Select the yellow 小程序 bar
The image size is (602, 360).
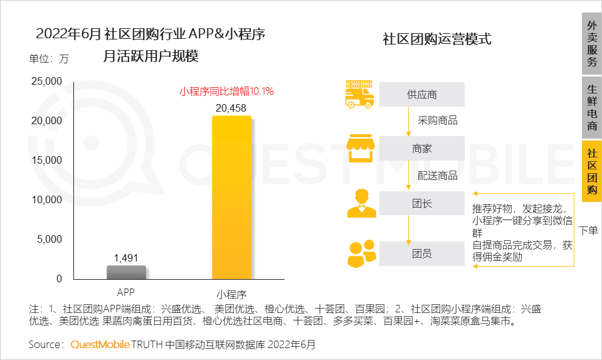coord(231,198)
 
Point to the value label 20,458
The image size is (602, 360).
coord(231,109)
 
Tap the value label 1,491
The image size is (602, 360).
coord(125,258)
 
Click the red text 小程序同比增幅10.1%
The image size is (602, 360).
coord(226,92)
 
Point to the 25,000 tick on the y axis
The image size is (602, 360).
coord(46,82)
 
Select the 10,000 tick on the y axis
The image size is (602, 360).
coord(46,200)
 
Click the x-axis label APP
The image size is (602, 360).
coord(125,292)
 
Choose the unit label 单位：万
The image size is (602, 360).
coord(49,60)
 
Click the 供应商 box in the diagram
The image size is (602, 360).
coord(421,95)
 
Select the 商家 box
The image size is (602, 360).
coord(421,149)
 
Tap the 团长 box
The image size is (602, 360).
coord(421,204)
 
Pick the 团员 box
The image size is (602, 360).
coord(421,254)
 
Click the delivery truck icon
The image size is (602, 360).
coord(360,94)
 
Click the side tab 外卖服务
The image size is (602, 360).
coord(591,44)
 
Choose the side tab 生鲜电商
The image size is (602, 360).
coord(591,108)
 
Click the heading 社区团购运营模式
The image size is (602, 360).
coord(437,40)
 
